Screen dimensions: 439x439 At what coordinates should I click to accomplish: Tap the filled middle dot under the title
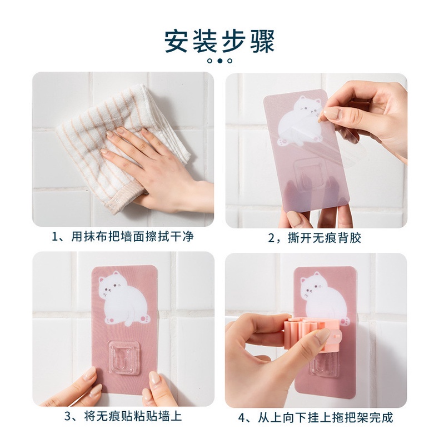point(219,60)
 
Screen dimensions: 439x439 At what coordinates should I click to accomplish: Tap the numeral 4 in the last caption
point(243,417)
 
